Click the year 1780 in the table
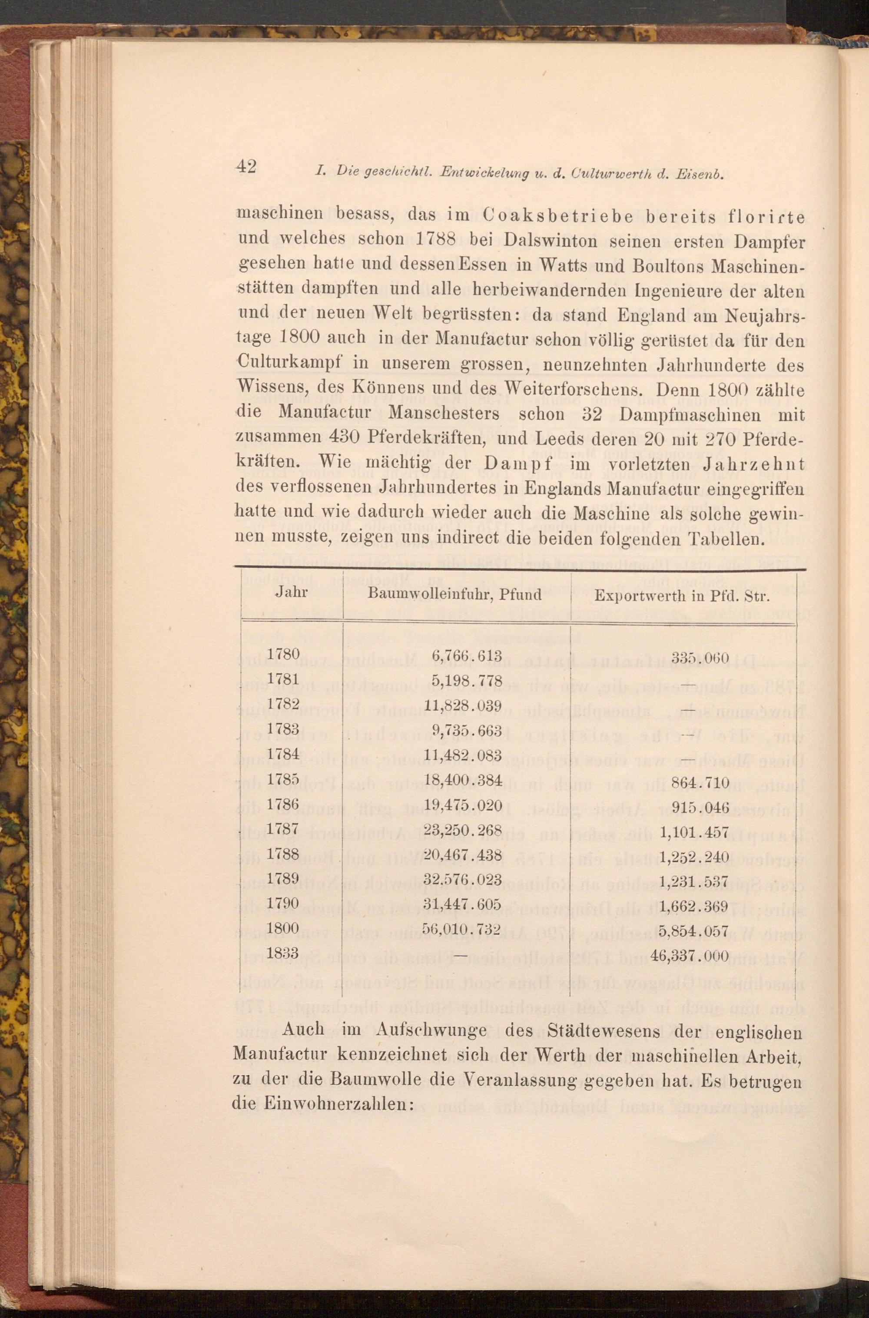pos(283,654)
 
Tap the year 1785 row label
pos(283,779)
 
